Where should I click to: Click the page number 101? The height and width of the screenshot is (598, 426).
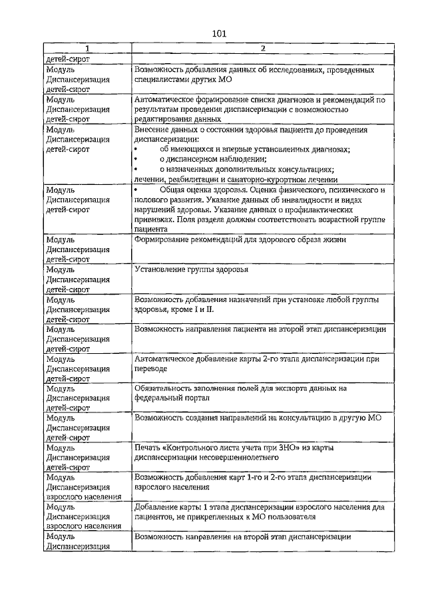coord(220,34)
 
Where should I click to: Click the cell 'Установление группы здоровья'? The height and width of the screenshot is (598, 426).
coord(191,270)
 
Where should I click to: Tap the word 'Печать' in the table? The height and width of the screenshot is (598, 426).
coord(148,448)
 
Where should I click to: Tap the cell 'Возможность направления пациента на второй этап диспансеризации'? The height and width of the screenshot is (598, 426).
coord(260,329)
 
